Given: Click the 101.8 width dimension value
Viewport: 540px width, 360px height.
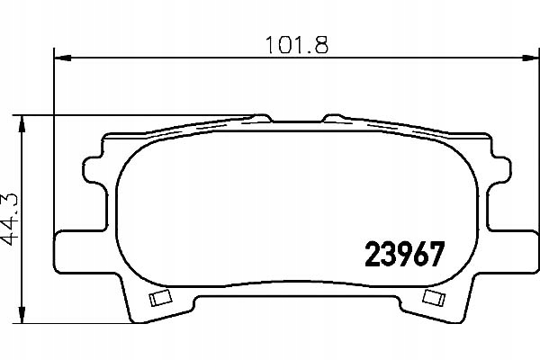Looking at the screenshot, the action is (297, 45).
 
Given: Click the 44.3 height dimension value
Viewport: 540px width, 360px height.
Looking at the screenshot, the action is (10, 219).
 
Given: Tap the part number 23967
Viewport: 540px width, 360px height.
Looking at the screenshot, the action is (405, 254).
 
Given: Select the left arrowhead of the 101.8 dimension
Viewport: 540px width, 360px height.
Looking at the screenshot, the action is (63, 58).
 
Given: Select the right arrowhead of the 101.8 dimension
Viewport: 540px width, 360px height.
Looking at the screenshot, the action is (530, 58).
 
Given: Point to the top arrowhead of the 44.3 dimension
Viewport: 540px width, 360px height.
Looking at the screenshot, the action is (22, 123).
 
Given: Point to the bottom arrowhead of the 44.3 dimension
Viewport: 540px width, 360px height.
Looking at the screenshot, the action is (22, 314).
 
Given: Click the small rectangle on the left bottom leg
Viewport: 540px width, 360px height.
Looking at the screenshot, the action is (160, 297).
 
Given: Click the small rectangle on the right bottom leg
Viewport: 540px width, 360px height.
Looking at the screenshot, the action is (434, 297).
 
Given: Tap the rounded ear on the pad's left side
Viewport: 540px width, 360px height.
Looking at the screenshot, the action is (93, 169).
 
